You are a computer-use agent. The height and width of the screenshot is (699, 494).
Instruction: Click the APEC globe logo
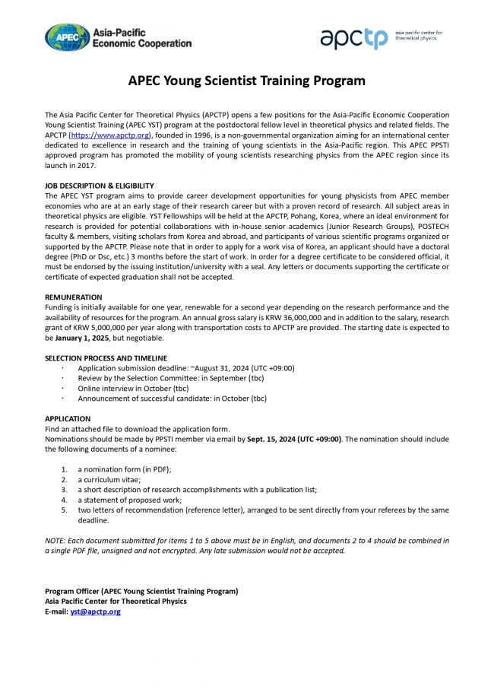[67, 37]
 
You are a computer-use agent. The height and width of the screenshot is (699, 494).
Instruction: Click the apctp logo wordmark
[353, 38]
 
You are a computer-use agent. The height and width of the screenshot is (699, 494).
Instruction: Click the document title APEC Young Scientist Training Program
[247, 81]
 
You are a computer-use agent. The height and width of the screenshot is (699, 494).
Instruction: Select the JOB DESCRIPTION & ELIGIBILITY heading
[100, 186]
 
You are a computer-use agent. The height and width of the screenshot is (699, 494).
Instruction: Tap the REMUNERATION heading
[74, 297]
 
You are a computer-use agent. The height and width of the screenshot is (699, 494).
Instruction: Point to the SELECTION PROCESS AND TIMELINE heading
[106, 358]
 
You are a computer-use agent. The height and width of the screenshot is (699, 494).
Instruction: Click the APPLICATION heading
[68, 419]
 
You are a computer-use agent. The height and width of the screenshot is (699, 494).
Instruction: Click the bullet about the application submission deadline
[185, 368]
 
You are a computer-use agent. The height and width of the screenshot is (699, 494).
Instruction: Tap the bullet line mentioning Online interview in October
[137, 388]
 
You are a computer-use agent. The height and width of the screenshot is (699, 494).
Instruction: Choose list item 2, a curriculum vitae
[109, 480]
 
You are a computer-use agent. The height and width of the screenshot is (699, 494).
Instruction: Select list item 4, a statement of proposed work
[129, 500]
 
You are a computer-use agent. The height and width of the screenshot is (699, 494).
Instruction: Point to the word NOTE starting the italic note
[55, 540]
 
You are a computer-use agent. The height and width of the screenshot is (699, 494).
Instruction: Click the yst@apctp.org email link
[95, 612]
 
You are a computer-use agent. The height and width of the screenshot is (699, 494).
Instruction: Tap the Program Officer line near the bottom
[141, 591]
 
